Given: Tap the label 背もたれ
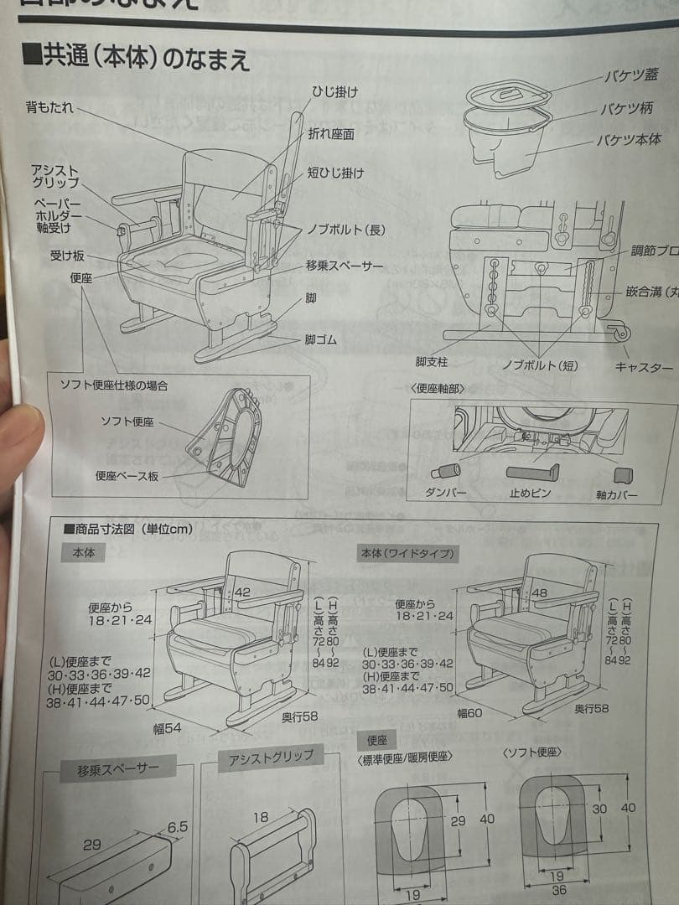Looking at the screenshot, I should [x=50, y=108].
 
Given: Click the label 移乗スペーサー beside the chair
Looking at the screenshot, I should [x=345, y=266].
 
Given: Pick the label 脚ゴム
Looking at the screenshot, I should [x=321, y=339].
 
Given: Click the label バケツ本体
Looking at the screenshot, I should [x=629, y=140].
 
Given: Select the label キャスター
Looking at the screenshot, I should [x=644, y=367].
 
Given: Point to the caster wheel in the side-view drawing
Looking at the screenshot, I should [x=621, y=334].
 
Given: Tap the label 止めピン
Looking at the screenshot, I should [x=531, y=494].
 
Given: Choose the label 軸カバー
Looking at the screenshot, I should [x=616, y=495].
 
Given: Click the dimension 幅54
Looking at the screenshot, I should [x=167, y=728].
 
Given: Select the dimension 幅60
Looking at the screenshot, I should [x=472, y=712].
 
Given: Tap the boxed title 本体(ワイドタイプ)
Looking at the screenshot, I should [x=407, y=554].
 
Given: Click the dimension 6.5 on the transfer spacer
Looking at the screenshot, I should [x=177, y=826].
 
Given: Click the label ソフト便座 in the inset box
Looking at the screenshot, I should [x=132, y=421].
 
